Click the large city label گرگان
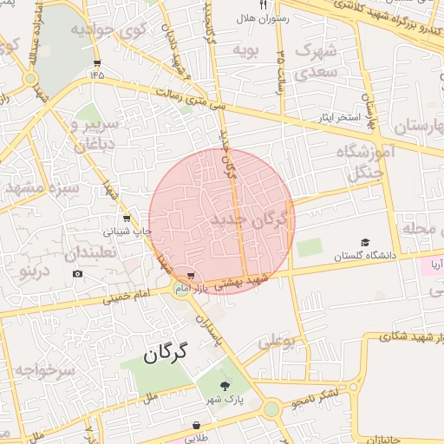tap(166, 354)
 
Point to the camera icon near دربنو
tap(77, 274)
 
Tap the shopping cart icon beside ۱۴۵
tap(97, 62)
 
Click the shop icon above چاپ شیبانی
tap(127, 219)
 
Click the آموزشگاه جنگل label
tap(370, 163)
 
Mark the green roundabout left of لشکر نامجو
tap(271, 408)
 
